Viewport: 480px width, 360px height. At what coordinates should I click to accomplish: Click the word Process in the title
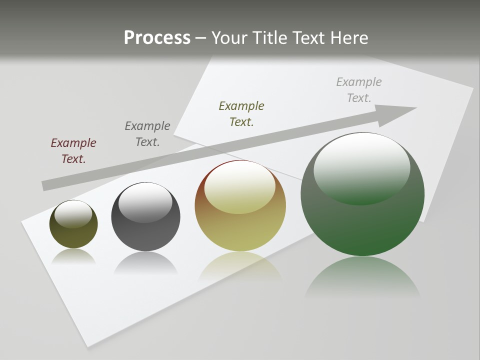157,38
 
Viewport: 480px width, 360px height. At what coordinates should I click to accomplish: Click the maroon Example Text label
73,150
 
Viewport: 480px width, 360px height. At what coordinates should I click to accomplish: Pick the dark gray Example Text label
147,133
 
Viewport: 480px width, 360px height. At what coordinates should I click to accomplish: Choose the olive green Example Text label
241,113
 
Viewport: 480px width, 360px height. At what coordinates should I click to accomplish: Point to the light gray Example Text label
359,89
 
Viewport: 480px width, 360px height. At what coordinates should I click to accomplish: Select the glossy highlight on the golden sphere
240,186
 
